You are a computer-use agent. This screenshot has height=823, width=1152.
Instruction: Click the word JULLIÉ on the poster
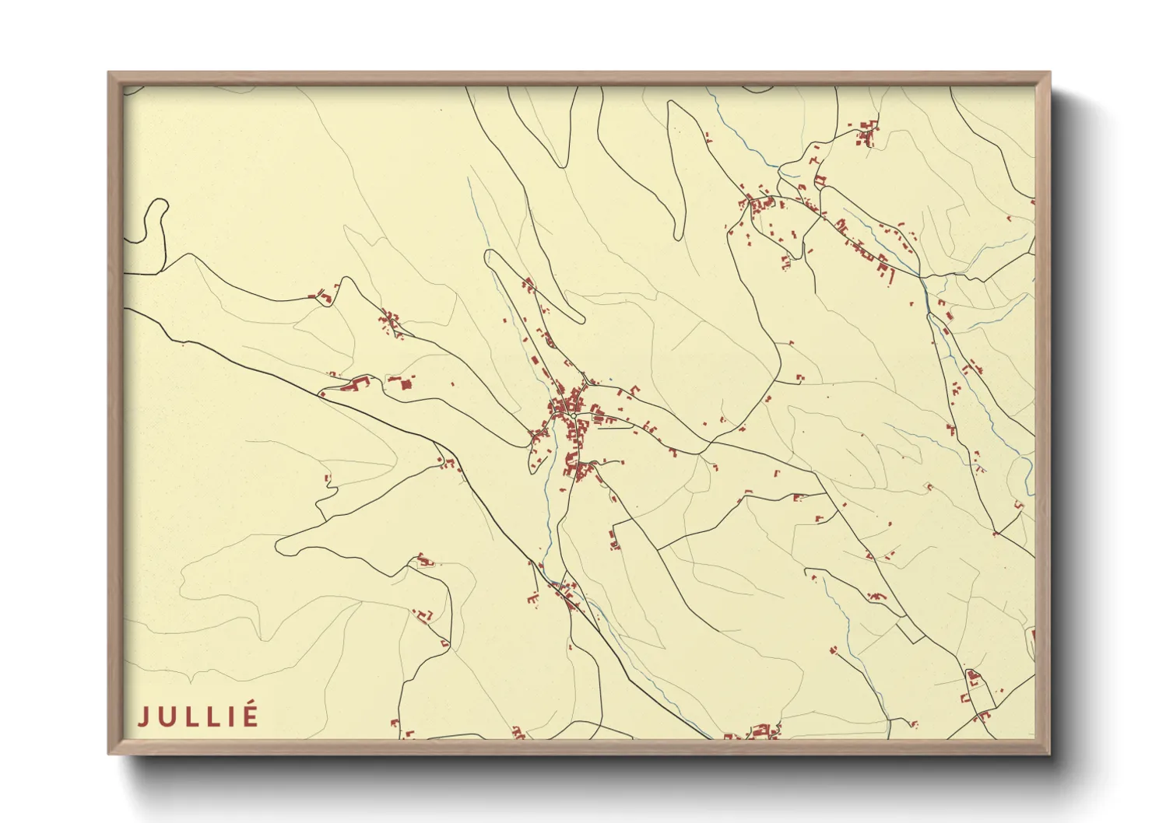click(x=198, y=716)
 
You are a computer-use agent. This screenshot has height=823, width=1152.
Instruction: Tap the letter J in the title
click(x=143, y=716)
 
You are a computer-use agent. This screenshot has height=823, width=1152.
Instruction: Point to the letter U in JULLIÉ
click(x=164, y=716)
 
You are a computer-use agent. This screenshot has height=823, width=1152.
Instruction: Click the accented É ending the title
click(x=249, y=715)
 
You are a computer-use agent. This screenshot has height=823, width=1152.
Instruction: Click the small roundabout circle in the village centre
click(x=574, y=415)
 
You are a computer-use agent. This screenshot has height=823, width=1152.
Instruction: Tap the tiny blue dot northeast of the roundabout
click(x=611, y=379)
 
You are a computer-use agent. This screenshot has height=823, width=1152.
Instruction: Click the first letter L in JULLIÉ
click(x=187, y=716)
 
